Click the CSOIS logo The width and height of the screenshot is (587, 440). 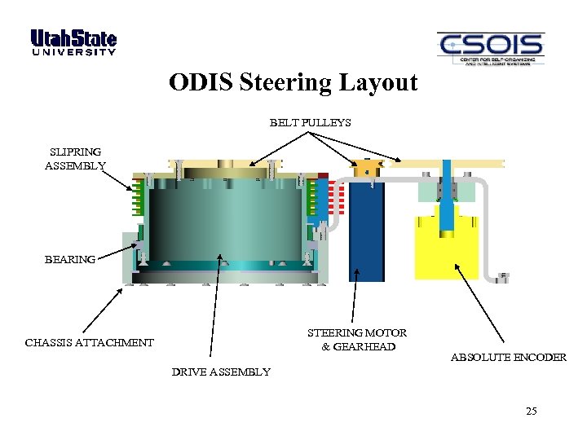click(x=490, y=49)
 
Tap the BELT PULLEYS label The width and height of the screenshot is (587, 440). click(x=310, y=123)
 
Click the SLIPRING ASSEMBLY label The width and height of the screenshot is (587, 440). click(x=75, y=158)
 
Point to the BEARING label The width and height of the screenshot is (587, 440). click(x=69, y=259)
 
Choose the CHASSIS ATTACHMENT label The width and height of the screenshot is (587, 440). click(x=89, y=342)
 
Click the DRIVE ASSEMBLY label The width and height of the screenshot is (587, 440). click(x=220, y=372)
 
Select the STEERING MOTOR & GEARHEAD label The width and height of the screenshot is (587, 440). click(x=356, y=339)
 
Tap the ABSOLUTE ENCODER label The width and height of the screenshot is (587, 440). click(x=508, y=357)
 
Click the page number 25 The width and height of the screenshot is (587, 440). click(x=532, y=411)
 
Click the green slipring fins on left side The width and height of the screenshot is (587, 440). click(x=138, y=199)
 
